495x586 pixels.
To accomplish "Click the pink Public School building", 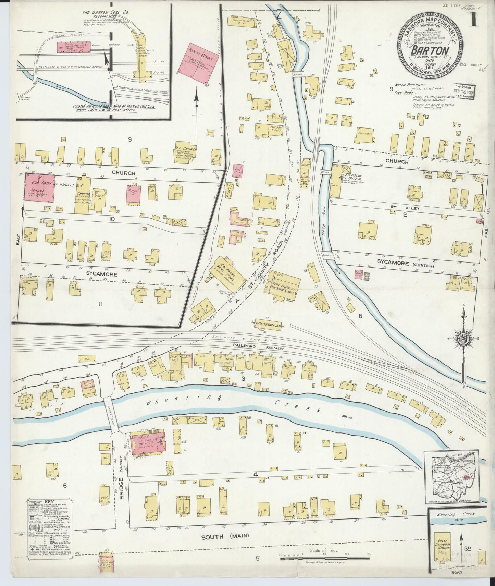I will pos(198,65).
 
